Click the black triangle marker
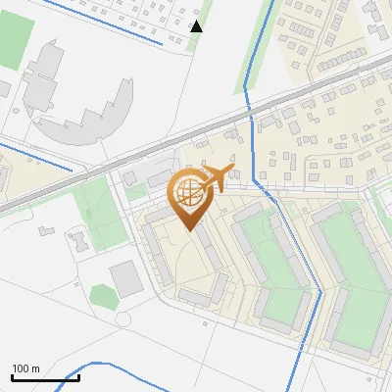click(x=196, y=25)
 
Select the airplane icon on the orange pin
click(x=216, y=178)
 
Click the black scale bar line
click(x=45, y=378)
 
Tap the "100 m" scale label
click(x=26, y=368)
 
